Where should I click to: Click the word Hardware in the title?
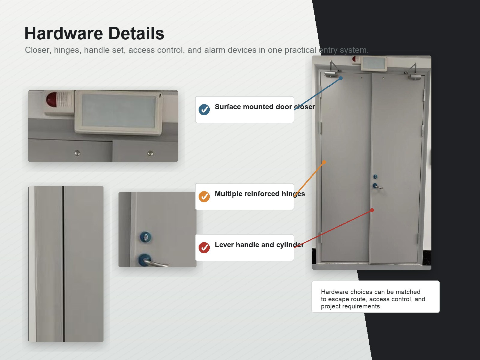[x=64, y=33]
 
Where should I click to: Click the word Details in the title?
[x=136, y=33]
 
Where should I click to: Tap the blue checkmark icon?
[x=204, y=109]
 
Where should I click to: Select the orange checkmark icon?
[x=204, y=196]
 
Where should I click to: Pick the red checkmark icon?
[x=204, y=247]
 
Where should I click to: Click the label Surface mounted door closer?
[x=265, y=107]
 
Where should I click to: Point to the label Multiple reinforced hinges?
[x=260, y=194]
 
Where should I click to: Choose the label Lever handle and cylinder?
[x=259, y=245]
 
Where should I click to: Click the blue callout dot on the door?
[x=340, y=78]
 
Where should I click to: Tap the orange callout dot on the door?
[x=324, y=162]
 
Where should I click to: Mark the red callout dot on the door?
[x=372, y=210]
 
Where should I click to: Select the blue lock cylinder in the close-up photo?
[x=145, y=237]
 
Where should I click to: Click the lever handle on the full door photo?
[x=377, y=186]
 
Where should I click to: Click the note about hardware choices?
[x=373, y=299]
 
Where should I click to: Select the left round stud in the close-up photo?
[x=77, y=153]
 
